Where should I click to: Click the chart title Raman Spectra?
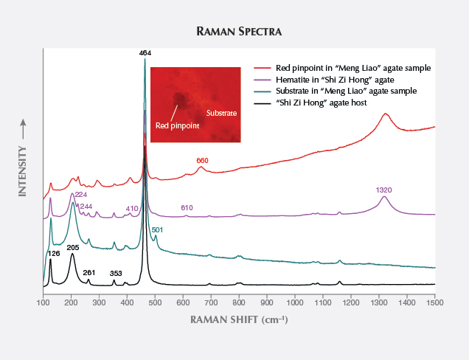point(234,32)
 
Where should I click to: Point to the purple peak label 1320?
point(383,190)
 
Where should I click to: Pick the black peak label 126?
point(54,254)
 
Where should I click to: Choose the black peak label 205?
point(72,248)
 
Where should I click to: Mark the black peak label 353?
point(116,273)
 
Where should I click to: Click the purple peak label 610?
point(188,208)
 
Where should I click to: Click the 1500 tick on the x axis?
point(434,302)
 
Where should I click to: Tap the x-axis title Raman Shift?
point(239,319)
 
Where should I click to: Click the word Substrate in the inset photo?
point(221,114)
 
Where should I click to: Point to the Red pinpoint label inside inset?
point(177,125)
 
